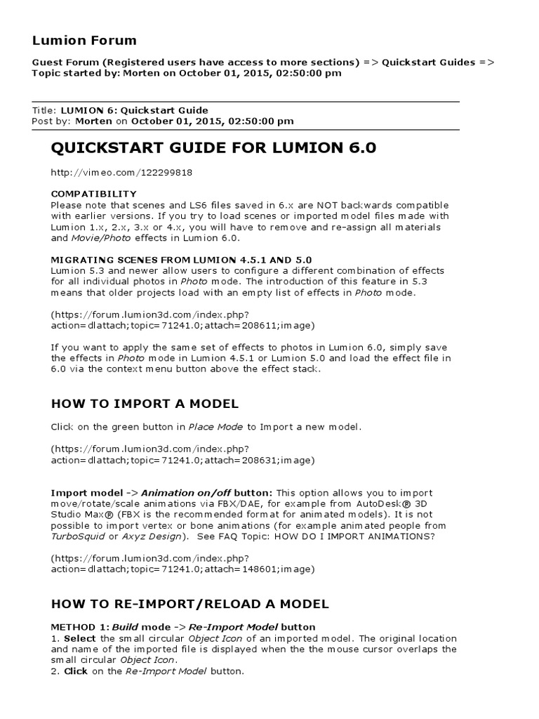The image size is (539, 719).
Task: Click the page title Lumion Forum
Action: click(x=84, y=40)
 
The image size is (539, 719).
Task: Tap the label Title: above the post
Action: click(x=45, y=110)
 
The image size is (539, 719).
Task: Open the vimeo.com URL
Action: click(x=122, y=172)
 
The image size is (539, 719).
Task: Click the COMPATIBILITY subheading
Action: click(x=94, y=194)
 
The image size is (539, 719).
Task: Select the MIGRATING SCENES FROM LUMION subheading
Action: click(x=181, y=260)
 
